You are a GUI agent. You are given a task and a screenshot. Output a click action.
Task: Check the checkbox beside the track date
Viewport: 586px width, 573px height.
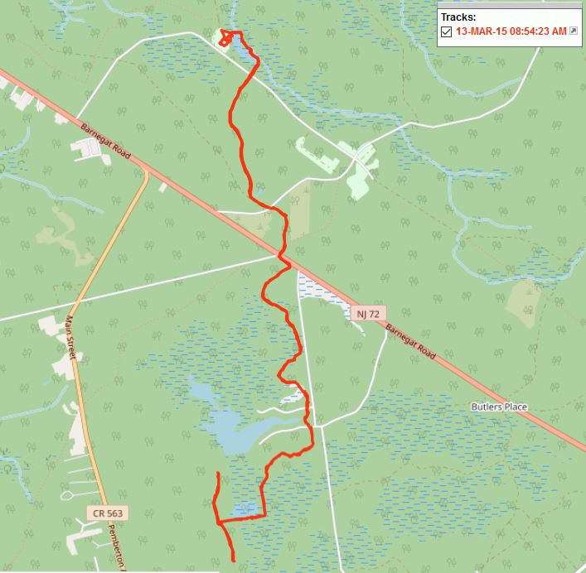(x=446, y=31)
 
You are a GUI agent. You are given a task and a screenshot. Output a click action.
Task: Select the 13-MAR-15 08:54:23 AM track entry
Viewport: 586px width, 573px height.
(x=511, y=31)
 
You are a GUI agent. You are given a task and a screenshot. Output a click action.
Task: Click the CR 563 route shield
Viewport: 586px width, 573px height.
(x=108, y=513)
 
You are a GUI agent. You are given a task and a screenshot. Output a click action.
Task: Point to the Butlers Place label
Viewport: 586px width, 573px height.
(x=499, y=407)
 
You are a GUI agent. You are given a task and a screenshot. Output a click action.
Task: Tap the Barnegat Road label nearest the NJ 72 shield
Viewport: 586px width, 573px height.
(x=409, y=339)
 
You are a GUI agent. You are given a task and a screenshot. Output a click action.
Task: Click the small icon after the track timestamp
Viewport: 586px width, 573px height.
(x=573, y=31)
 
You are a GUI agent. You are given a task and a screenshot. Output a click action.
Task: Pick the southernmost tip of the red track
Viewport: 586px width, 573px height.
(x=233, y=561)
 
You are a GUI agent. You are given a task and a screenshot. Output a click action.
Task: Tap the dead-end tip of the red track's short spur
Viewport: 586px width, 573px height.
(x=219, y=473)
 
